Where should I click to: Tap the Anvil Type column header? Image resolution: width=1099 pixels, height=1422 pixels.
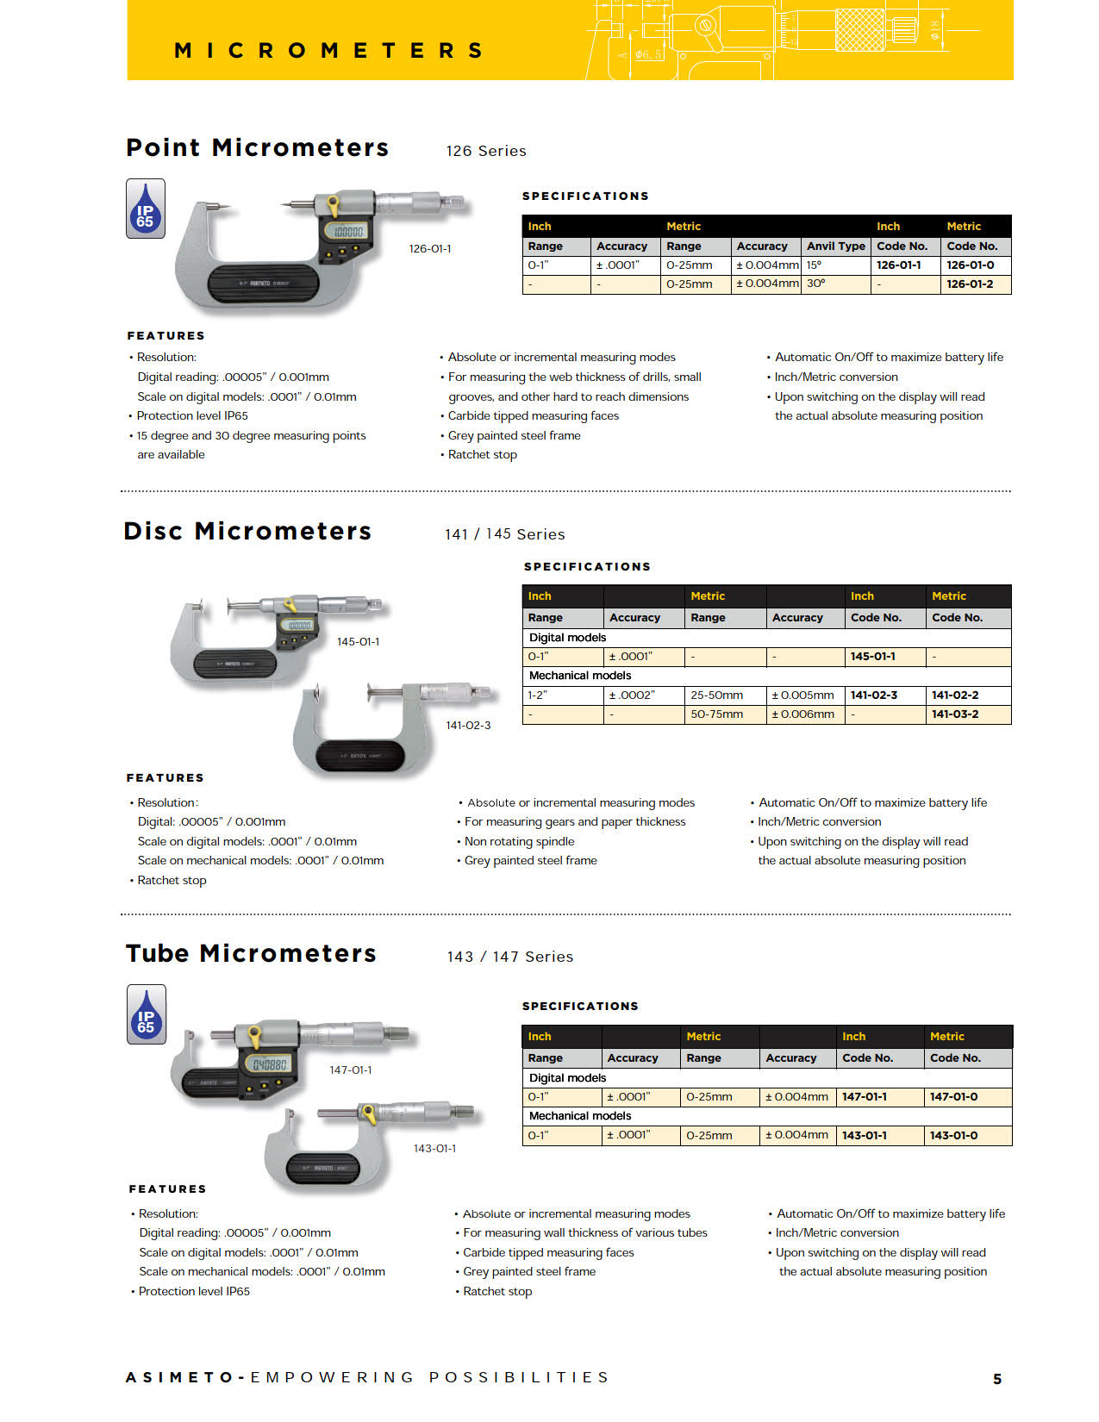tap(835, 246)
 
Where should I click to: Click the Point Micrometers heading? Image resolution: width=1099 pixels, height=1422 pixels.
tap(257, 148)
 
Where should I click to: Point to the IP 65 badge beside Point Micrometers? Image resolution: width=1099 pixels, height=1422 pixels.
tap(146, 209)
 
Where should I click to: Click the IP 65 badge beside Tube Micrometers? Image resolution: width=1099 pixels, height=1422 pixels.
tap(147, 1014)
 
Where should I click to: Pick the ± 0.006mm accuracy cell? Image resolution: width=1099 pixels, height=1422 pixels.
tap(802, 714)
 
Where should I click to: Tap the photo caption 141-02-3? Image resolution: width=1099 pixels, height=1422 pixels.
tap(468, 726)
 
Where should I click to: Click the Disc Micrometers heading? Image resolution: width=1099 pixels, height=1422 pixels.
tap(247, 532)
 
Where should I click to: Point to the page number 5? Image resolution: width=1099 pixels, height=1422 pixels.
tap(997, 1379)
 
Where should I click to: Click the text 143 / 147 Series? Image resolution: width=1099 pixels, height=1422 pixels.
tap(510, 957)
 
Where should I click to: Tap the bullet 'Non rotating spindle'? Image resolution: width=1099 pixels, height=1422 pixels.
tap(519, 842)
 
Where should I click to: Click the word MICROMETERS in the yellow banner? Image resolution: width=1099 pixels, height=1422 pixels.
tap(328, 51)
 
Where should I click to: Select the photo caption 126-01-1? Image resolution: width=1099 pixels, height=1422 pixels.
tap(430, 249)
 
